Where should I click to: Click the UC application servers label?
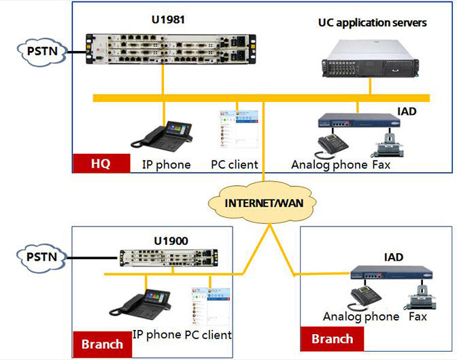[372, 23]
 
